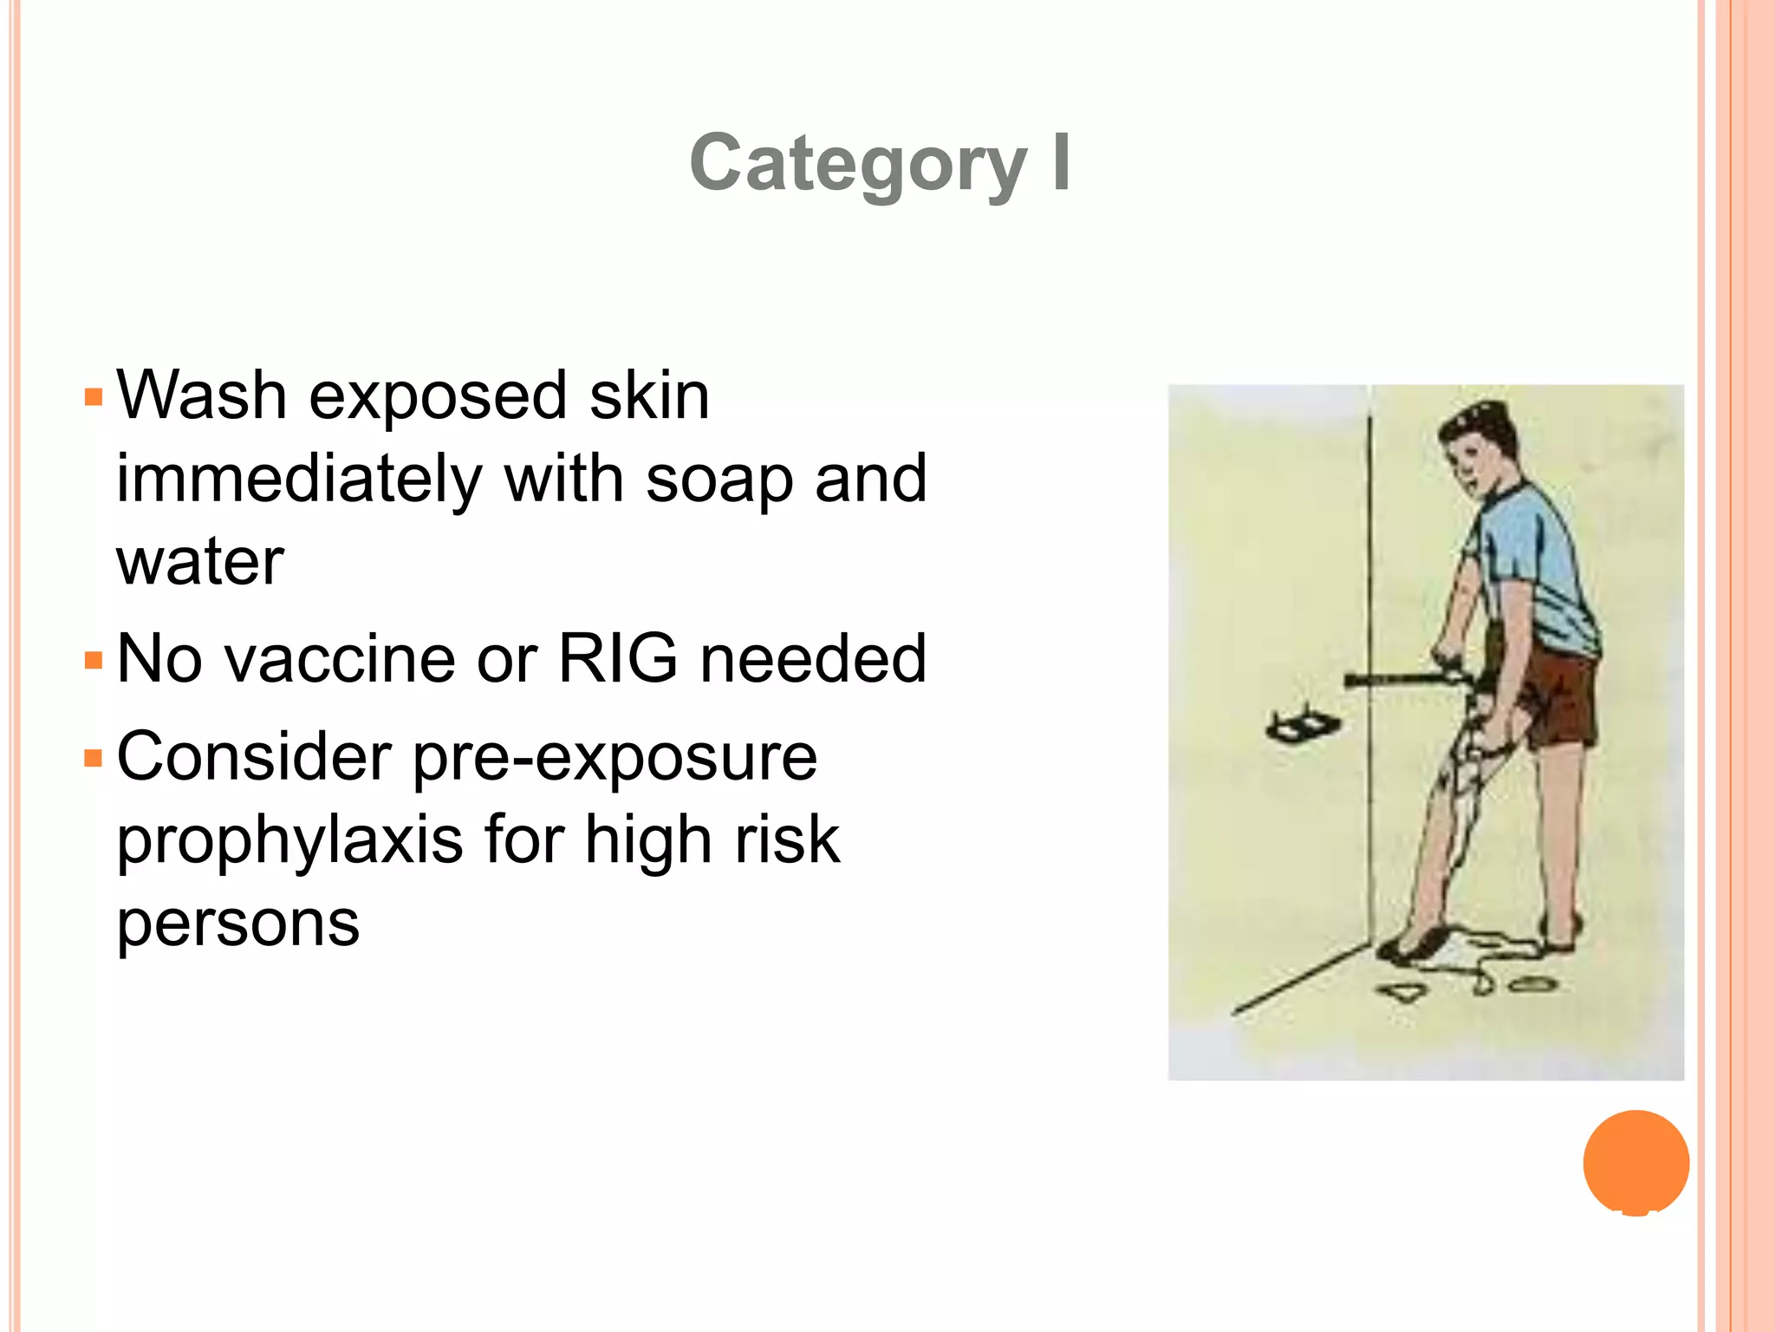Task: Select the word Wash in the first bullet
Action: (202, 396)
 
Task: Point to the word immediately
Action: (299, 480)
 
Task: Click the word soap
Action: (719, 480)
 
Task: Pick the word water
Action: (200, 562)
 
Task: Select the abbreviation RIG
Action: (617, 658)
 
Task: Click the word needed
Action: (813, 659)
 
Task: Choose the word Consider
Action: (254, 757)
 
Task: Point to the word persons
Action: (238, 923)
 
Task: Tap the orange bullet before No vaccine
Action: (94, 661)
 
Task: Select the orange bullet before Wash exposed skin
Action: (94, 398)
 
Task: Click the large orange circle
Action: (1635, 1162)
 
